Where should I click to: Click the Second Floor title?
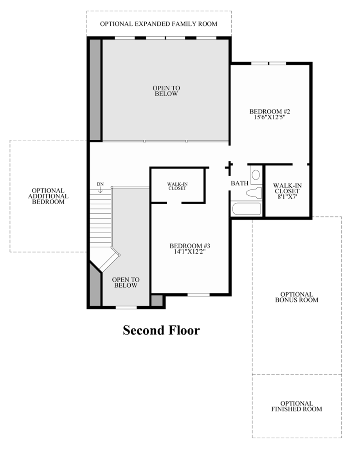click(x=161, y=330)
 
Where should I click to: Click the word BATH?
click(x=239, y=183)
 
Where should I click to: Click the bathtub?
click(x=246, y=208)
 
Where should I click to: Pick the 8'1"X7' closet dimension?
click(x=286, y=197)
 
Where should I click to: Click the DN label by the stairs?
click(x=101, y=184)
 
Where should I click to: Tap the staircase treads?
click(x=101, y=219)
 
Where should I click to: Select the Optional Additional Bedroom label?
click(x=48, y=196)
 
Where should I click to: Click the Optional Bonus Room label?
click(x=297, y=297)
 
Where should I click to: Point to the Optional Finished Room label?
click(x=297, y=406)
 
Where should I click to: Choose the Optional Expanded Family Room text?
click(x=158, y=24)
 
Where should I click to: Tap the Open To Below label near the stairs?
click(x=126, y=283)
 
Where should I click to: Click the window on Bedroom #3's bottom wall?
click(x=198, y=294)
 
